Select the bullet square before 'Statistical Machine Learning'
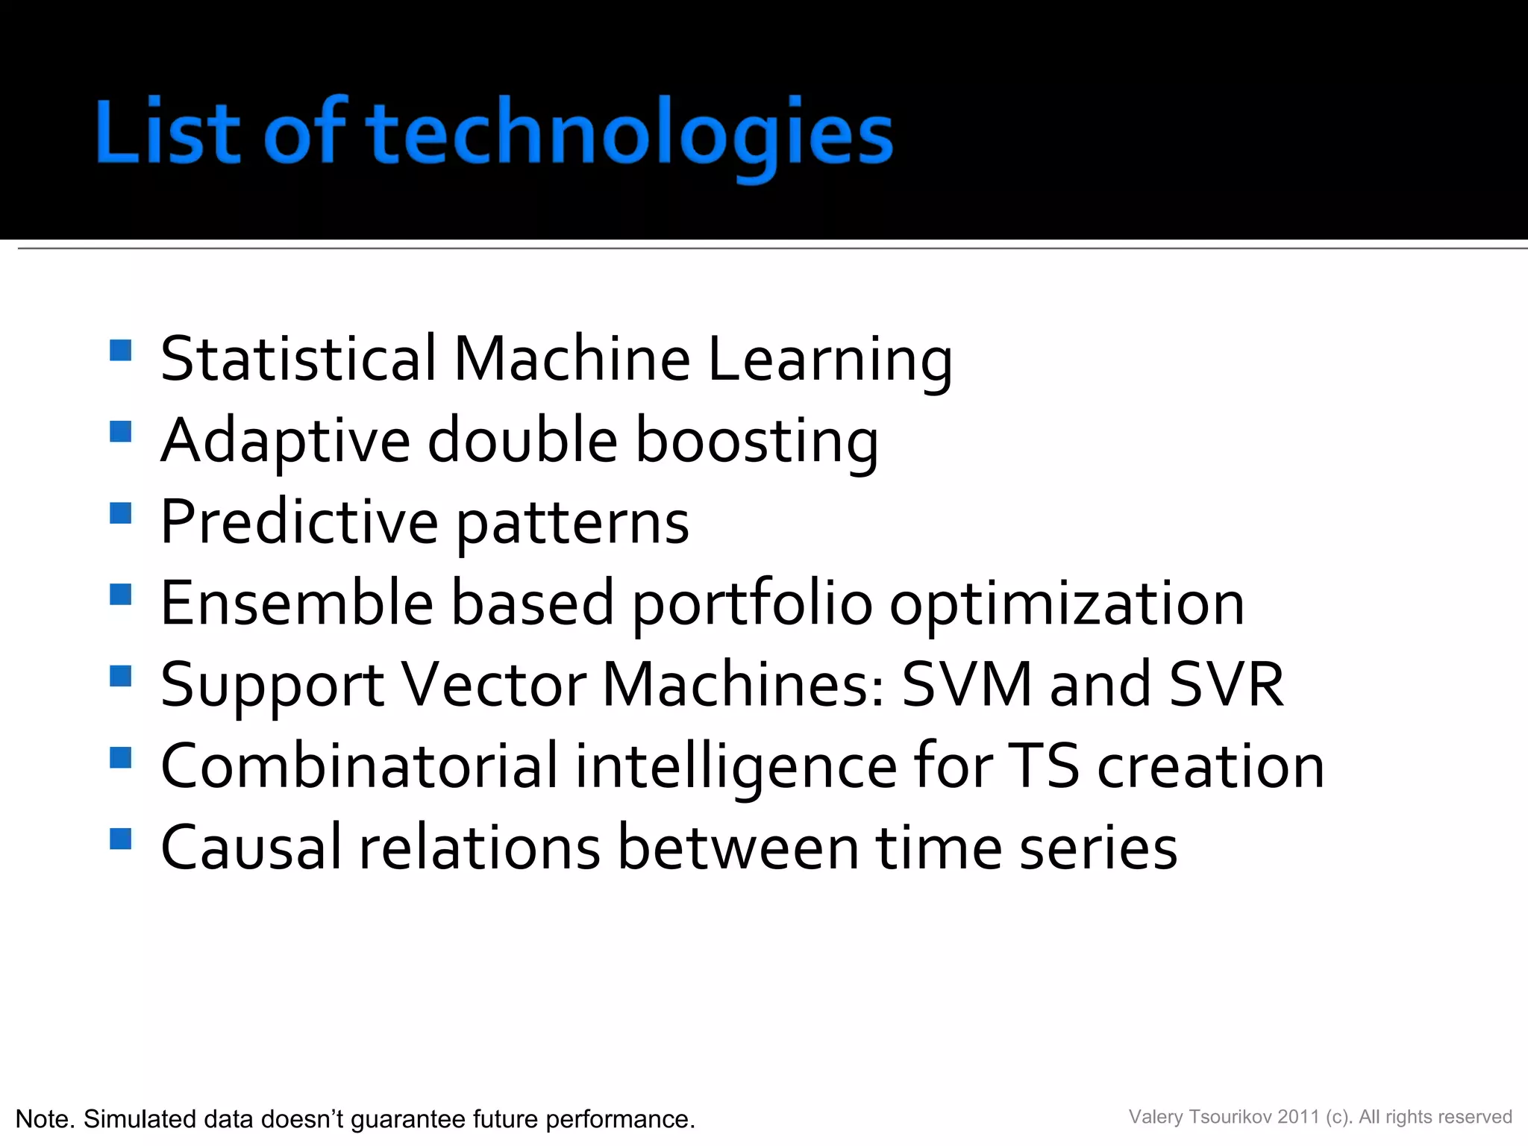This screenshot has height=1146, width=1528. tap(120, 351)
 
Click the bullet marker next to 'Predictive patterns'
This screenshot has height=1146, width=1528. tap(120, 513)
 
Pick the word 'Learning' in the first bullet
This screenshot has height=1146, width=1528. tap(830, 360)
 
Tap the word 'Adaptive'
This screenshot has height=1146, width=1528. tap(286, 442)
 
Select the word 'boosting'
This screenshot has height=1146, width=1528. tap(757, 442)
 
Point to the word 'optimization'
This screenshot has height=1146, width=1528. tap(1067, 604)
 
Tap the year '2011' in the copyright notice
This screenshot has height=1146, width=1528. tap(1298, 1117)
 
